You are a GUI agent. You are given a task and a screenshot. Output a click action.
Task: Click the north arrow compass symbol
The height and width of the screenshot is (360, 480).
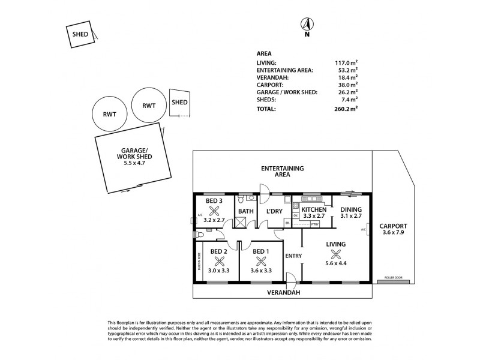click(307, 25)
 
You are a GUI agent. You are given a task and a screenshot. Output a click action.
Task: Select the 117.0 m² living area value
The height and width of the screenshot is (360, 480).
click(346, 62)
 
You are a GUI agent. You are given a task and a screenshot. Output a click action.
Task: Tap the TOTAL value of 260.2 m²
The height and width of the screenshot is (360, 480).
click(346, 109)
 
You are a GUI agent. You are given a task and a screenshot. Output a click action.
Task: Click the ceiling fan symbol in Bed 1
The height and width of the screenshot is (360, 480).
click(261, 261)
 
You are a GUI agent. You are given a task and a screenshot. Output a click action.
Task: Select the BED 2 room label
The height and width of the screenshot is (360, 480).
click(219, 251)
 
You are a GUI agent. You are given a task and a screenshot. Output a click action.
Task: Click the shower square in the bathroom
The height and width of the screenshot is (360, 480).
click(243, 223)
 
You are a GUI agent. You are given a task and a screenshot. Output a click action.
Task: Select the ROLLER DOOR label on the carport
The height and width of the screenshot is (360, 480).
click(393, 278)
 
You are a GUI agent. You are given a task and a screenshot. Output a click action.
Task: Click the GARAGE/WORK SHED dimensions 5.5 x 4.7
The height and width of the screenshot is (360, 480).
click(134, 163)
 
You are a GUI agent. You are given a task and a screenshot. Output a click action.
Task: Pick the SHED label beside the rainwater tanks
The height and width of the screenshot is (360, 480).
click(179, 102)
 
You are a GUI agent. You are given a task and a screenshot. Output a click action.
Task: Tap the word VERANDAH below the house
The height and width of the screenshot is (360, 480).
click(284, 292)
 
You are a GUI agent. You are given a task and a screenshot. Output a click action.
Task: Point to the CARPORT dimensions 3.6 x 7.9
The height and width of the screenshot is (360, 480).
click(393, 234)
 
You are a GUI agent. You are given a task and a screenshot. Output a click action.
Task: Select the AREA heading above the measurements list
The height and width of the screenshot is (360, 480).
click(264, 53)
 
